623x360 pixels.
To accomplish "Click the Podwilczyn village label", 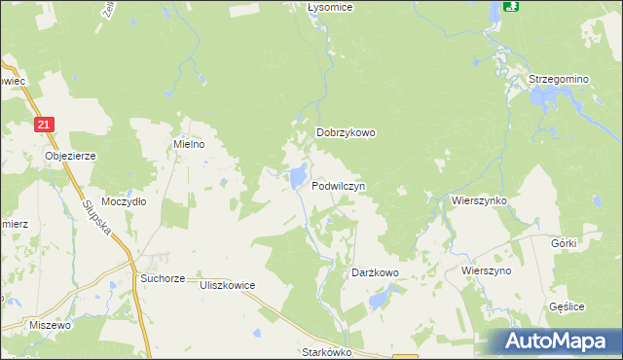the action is click(x=339, y=185).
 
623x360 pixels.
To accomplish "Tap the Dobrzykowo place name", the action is click(x=346, y=133).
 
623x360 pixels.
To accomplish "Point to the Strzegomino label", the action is click(x=559, y=78).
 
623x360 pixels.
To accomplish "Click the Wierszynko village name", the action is click(x=480, y=199).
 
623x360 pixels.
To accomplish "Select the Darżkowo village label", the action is click(x=375, y=273).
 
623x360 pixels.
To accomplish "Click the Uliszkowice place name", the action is click(x=227, y=285).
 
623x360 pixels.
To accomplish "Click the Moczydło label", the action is click(x=124, y=201).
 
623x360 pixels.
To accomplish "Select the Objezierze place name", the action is click(x=70, y=155).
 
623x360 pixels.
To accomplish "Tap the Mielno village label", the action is click(x=189, y=144).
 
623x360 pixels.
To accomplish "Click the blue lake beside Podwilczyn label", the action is click(x=294, y=177).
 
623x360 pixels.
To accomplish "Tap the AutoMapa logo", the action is click(x=555, y=341).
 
